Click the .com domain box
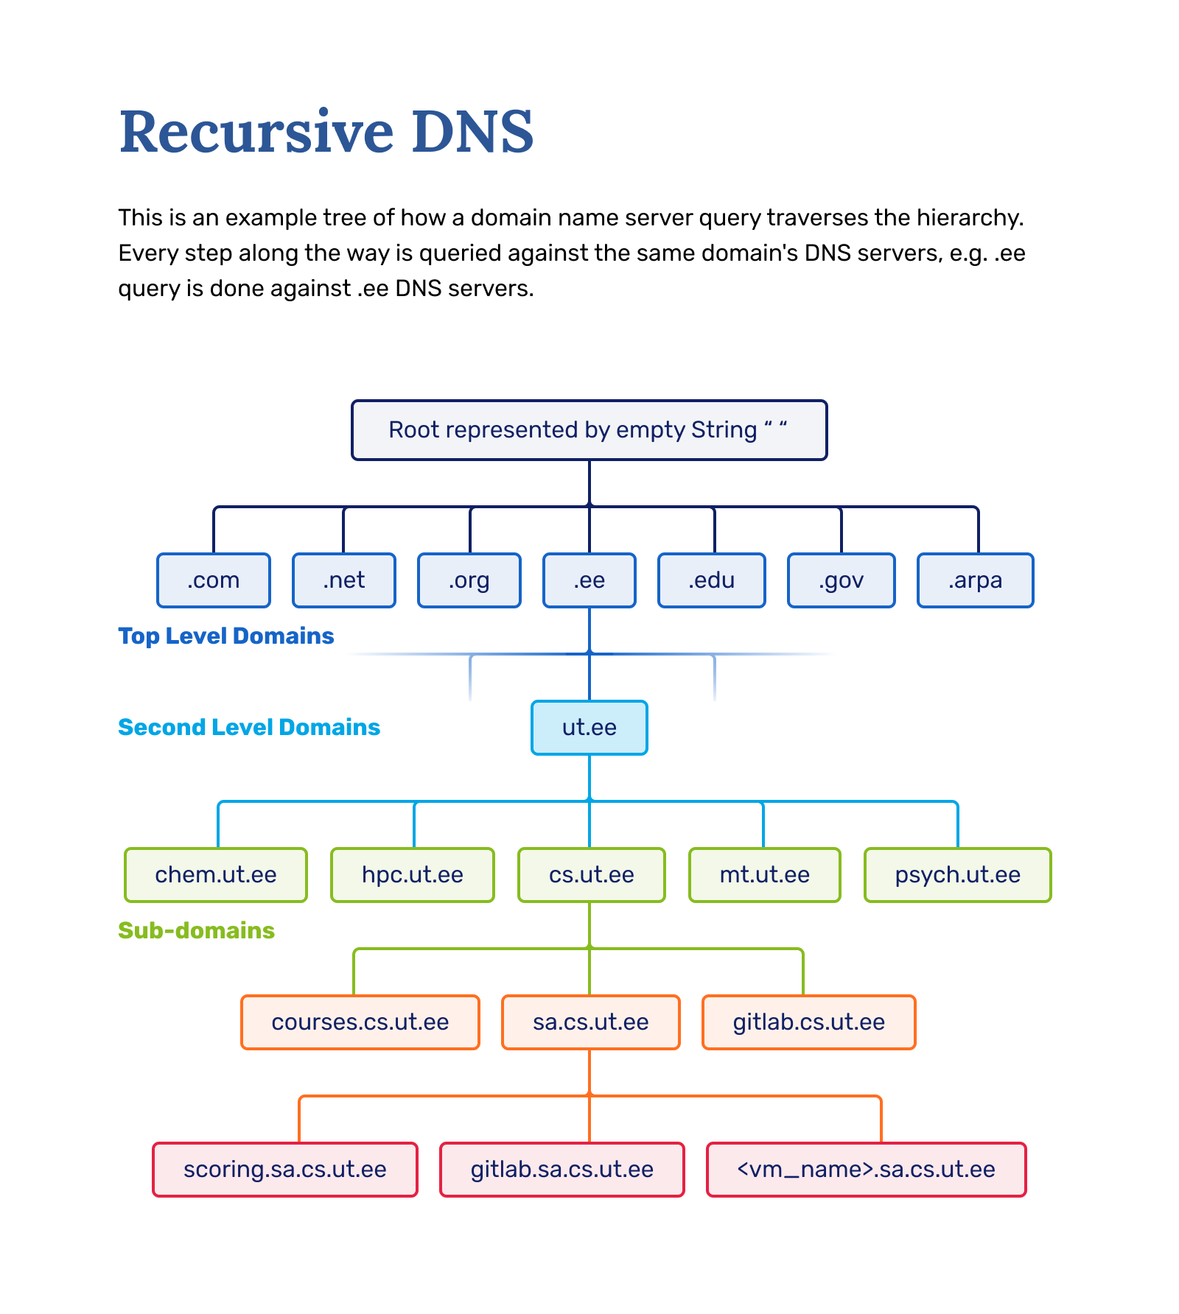point(214,580)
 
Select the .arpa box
point(975,580)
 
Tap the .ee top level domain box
point(589,580)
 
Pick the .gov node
point(841,580)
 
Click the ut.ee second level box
point(589,728)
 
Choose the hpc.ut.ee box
point(413,875)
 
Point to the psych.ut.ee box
point(957,875)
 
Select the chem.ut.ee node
point(216,875)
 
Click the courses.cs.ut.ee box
point(360,1022)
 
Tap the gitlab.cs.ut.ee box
point(808,1022)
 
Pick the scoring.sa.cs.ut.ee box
point(285,1170)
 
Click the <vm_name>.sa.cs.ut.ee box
point(866,1170)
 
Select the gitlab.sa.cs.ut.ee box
point(562,1170)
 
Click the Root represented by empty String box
point(589,430)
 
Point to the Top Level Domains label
point(226,636)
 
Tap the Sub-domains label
point(196,930)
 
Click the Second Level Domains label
point(249,727)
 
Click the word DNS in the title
point(472,133)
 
